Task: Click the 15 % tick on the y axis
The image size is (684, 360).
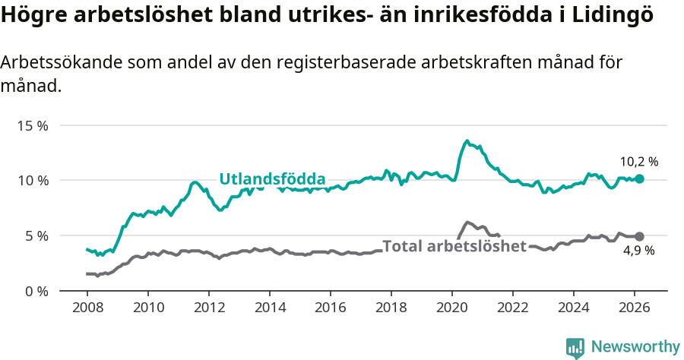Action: pyautogui.click(x=33, y=125)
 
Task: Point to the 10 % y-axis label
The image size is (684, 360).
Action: pyautogui.click(x=33, y=181)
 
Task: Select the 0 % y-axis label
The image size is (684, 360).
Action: pyautogui.click(x=36, y=291)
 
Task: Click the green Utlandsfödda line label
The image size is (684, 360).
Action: pyautogui.click(x=272, y=179)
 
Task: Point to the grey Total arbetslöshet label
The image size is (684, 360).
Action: pyautogui.click(x=454, y=246)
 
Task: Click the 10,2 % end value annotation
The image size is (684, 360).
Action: pyautogui.click(x=638, y=162)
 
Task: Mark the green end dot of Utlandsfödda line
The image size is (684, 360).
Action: pyautogui.click(x=640, y=178)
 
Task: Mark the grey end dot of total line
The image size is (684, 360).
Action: pyautogui.click(x=640, y=237)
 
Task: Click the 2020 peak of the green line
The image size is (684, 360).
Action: pyautogui.click(x=467, y=141)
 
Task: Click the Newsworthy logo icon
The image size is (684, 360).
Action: pyautogui.click(x=575, y=348)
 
